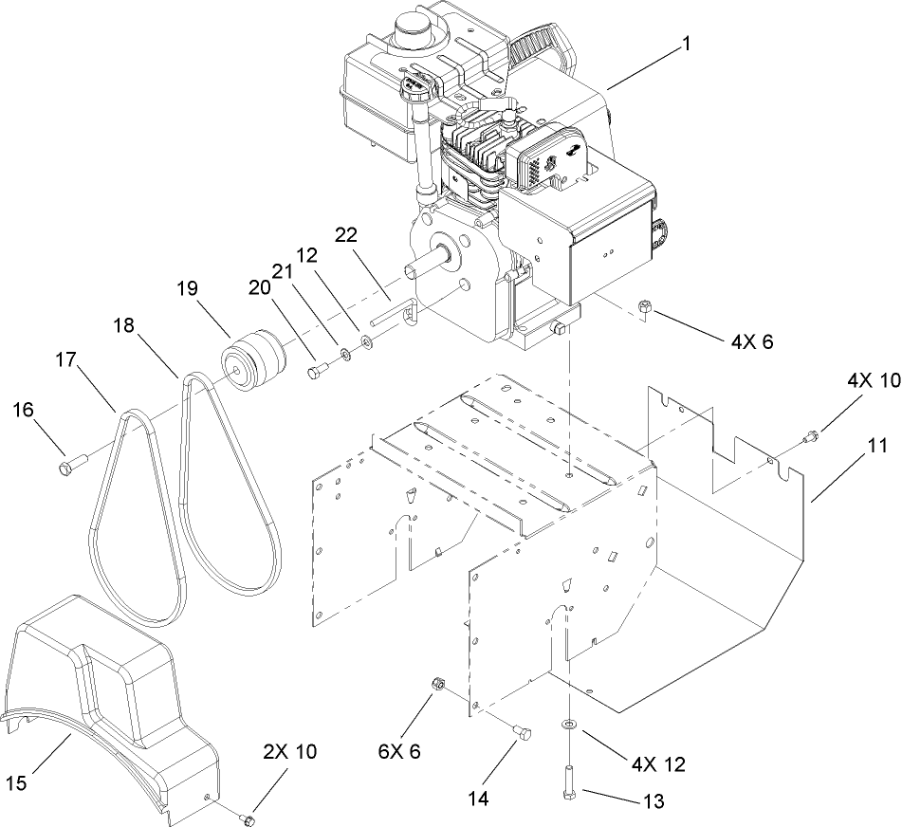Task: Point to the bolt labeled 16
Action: pyautogui.click(x=72, y=465)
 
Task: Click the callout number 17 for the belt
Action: pyautogui.click(x=65, y=362)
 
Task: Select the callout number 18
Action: pyautogui.click(x=124, y=325)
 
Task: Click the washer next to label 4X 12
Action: pyautogui.click(x=567, y=724)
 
